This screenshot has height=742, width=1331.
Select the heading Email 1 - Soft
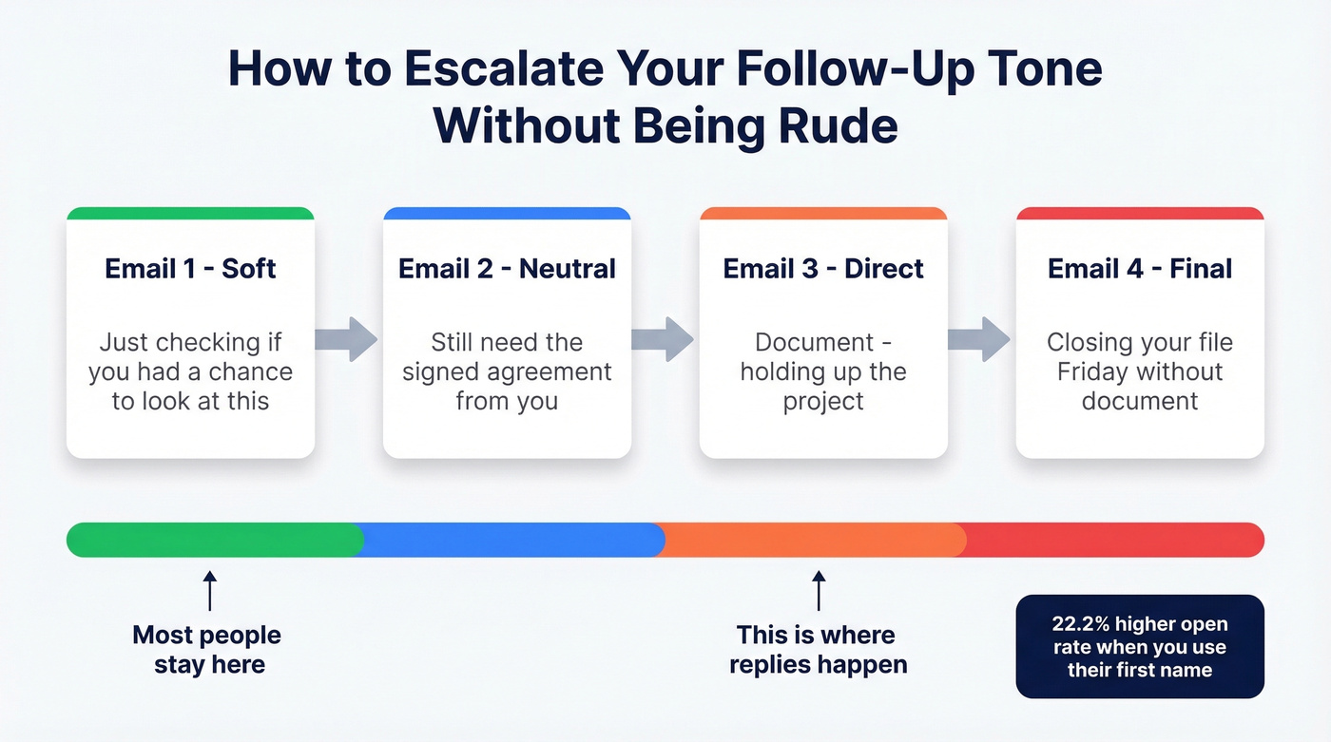pos(190,268)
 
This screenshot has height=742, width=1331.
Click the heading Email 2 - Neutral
pos(507,268)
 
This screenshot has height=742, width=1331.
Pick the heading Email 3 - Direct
pos(823,268)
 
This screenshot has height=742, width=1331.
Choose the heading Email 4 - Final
pos(1140,268)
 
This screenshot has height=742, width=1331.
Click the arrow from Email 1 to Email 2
pos(346,339)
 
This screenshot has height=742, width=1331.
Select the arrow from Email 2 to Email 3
pos(663,339)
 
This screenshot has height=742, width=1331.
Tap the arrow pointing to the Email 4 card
pos(979,339)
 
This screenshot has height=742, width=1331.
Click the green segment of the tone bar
pos(215,540)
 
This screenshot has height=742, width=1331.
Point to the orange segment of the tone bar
pos(811,540)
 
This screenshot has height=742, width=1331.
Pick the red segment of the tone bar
pos(1110,540)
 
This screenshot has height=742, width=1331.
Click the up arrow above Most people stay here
pos(210,591)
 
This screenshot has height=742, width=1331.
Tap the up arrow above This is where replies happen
pos(819,591)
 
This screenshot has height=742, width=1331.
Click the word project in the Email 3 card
pos(823,402)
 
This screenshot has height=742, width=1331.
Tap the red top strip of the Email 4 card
pos(1140,213)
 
